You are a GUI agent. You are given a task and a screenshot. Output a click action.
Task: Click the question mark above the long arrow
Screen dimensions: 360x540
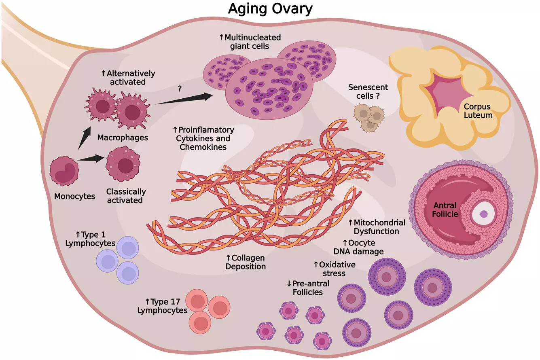tap(179, 88)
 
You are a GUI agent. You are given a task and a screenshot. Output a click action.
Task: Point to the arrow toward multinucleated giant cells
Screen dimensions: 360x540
tap(184, 100)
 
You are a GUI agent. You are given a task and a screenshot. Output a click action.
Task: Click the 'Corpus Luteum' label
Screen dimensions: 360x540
tap(478, 111)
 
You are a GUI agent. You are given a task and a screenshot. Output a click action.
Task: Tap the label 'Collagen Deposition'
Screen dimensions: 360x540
tap(246, 262)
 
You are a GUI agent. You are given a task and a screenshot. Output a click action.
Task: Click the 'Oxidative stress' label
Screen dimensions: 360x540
tap(335, 269)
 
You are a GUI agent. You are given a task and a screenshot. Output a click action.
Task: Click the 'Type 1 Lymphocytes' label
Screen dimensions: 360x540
tap(95, 239)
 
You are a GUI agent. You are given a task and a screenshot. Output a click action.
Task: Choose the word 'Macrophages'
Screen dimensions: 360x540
tap(123, 138)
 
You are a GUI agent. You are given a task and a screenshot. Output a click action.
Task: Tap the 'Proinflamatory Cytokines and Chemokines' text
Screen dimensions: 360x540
tap(203, 139)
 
